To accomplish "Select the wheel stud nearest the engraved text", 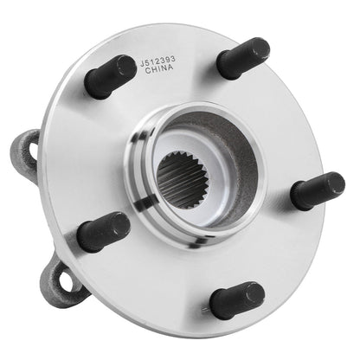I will pos(109,78).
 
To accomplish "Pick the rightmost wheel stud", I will pos(318,190).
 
